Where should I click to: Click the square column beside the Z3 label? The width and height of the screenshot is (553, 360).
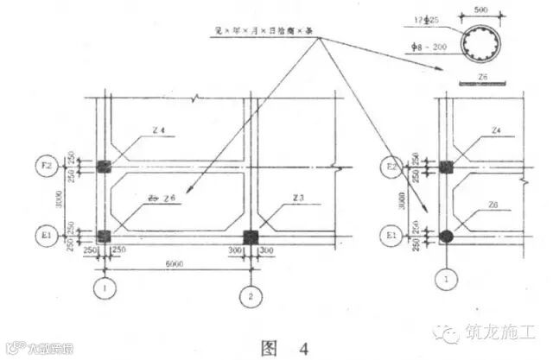(251, 236)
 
